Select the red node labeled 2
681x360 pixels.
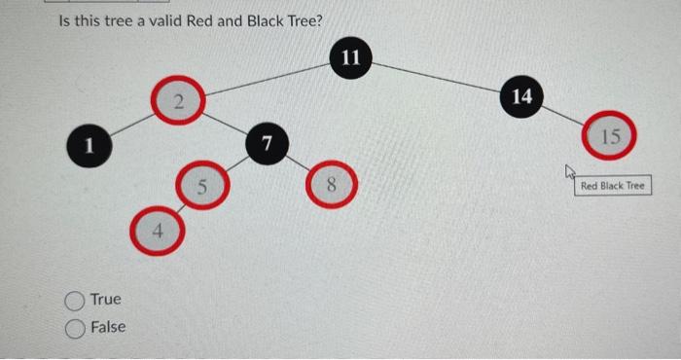point(178,102)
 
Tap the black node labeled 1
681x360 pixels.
point(87,147)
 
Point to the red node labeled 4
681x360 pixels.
point(156,231)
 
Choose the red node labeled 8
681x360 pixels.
point(331,186)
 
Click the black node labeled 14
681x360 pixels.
point(521,96)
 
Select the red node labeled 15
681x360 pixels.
point(609,136)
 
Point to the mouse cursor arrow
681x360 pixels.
point(569,172)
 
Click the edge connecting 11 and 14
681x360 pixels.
point(438,78)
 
